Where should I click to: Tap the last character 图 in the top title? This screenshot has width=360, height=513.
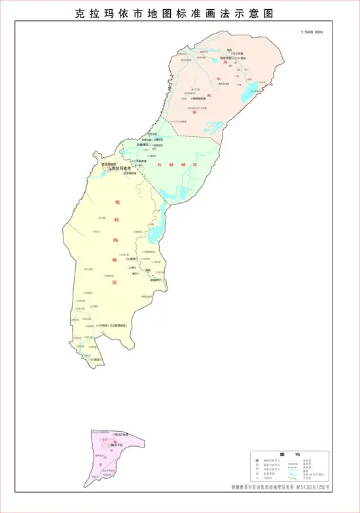(268, 13)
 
